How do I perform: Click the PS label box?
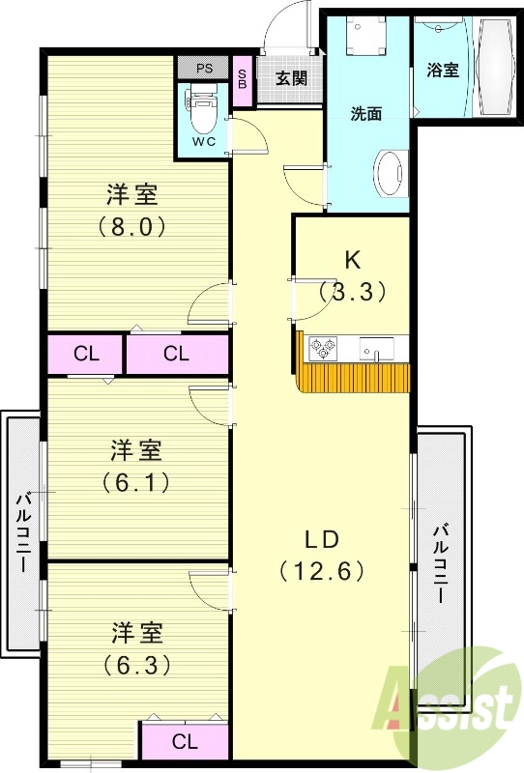point(204,69)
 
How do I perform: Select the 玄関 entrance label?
point(290,78)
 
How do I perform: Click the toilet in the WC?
point(202,113)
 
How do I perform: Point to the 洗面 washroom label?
point(365,113)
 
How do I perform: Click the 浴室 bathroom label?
point(444,71)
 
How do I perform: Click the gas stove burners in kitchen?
point(322,346)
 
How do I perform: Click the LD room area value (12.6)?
point(322,570)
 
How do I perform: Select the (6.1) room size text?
point(134,480)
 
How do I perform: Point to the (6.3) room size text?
point(134,665)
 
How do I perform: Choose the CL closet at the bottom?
point(185,741)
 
